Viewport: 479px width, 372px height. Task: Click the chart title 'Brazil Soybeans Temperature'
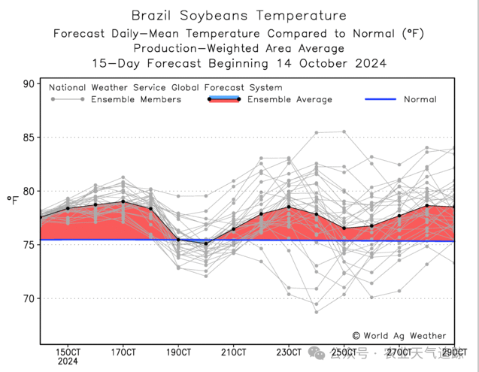pyautogui.click(x=239, y=16)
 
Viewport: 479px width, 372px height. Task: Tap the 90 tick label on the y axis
pyautogui.click(x=28, y=83)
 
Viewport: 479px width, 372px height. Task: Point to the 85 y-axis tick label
pyautogui.click(x=28, y=138)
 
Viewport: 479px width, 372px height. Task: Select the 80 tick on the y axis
pyautogui.click(x=28, y=192)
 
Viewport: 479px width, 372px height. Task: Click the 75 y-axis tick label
pyautogui.click(x=28, y=245)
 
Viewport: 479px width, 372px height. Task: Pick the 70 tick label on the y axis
pyautogui.click(x=28, y=299)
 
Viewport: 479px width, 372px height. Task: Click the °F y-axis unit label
pyautogui.click(x=13, y=200)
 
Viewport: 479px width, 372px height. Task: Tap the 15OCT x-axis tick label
pyautogui.click(x=68, y=352)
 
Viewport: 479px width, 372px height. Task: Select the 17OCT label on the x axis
pyautogui.click(x=123, y=352)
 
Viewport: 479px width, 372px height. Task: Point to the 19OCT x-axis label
pyautogui.click(x=178, y=352)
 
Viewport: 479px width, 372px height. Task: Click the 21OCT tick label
pyautogui.click(x=234, y=352)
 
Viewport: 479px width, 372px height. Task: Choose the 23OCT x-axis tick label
pyautogui.click(x=289, y=352)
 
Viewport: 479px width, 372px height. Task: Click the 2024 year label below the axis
pyautogui.click(x=68, y=362)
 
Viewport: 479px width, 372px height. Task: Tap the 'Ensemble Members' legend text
pyautogui.click(x=136, y=99)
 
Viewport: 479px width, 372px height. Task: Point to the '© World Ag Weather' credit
pyautogui.click(x=399, y=336)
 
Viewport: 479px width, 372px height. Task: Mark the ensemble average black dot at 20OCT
pyautogui.click(x=206, y=243)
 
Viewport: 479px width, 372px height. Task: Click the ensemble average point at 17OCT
pyautogui.click(x=123, y=201)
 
